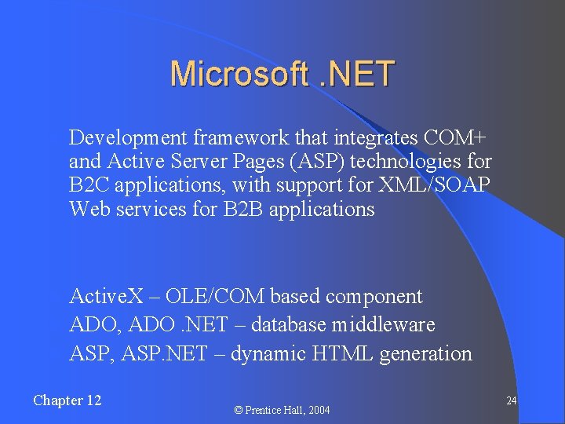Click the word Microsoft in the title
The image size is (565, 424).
pos(238,74)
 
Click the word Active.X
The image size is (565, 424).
pos(107,297)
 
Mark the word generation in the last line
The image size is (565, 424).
pos(426,354)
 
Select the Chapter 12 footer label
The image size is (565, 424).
pos(67,400)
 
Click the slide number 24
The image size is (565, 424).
pos(511,401)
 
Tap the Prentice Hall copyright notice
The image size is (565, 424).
pos(283,410)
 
